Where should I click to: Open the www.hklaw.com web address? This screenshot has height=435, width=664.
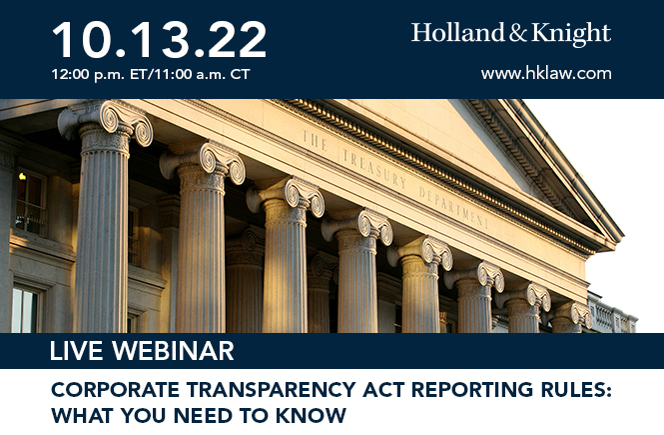point(545,73)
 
